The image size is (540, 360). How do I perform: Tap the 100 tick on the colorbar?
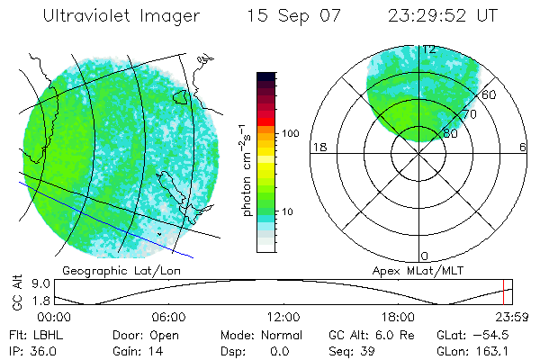click(290, 133)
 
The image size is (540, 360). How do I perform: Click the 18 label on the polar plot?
click(318, 148)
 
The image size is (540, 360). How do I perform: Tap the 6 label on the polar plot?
click(522, 148)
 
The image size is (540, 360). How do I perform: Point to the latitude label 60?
click(490, 94)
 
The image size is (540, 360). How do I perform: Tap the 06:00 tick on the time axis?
click(168, 317)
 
